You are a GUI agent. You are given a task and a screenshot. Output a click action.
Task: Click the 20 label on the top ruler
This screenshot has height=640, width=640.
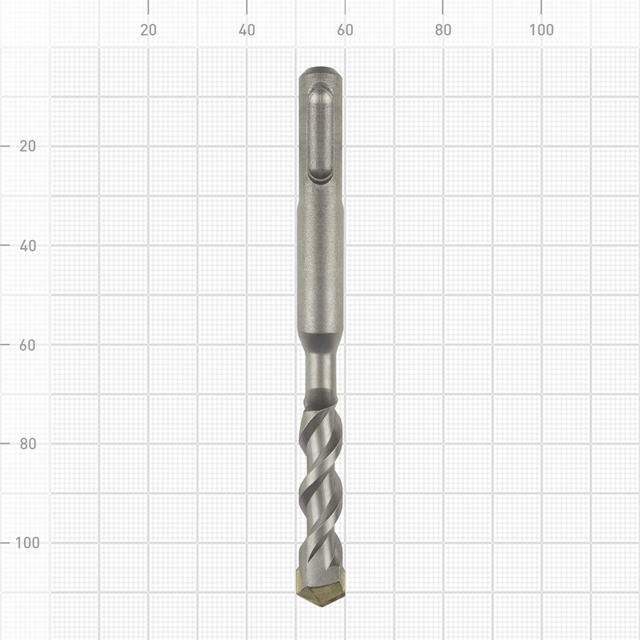coord(148,30)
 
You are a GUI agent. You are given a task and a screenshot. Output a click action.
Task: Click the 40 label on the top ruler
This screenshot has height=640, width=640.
coord(247,30)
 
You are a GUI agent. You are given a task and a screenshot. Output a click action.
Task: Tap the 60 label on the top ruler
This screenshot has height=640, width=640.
coord(345,30)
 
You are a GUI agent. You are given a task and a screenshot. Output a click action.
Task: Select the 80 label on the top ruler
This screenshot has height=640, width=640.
coord(443,30)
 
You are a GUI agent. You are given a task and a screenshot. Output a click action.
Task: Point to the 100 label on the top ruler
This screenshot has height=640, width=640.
coord(542,30)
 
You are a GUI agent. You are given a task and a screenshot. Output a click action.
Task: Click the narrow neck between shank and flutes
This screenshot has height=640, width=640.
coord(321,372)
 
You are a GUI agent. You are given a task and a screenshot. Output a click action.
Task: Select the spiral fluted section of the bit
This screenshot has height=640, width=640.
coord(321,480)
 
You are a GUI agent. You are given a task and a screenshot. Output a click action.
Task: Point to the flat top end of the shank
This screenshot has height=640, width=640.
coord(321,71)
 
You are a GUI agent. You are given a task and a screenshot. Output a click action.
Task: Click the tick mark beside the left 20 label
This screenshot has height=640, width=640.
coord(6,146)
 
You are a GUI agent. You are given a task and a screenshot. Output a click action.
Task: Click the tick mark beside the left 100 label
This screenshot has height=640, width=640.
coord(6,542)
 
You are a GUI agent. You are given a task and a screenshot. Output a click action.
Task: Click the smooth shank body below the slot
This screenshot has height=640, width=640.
coord(321,264)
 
